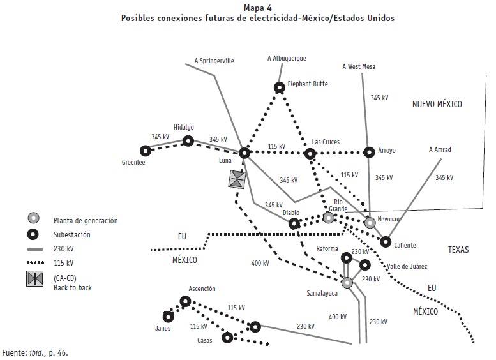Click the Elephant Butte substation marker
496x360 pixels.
click(279, 87)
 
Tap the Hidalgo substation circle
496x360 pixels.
click(188, 140)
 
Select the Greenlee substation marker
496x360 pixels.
click(146, 151)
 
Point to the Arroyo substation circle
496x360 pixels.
click(368, 152)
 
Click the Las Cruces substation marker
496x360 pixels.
click(310, 154)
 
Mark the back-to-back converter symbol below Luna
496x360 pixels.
click(237, 179)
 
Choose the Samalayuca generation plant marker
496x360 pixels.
click(347, 282)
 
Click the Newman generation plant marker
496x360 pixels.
click(370, 223)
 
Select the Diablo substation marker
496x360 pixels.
click(294, 223)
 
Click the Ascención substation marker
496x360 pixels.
click(185, 301)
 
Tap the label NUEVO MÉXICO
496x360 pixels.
click(437, 105)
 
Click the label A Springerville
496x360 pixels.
click(214, 61)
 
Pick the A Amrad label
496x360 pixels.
click(439, 150)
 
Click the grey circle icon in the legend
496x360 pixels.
click(34, 217)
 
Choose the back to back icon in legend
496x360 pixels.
click(34, 279)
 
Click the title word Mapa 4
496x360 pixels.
click(257, 7)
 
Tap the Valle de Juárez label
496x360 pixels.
click(407, 266)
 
